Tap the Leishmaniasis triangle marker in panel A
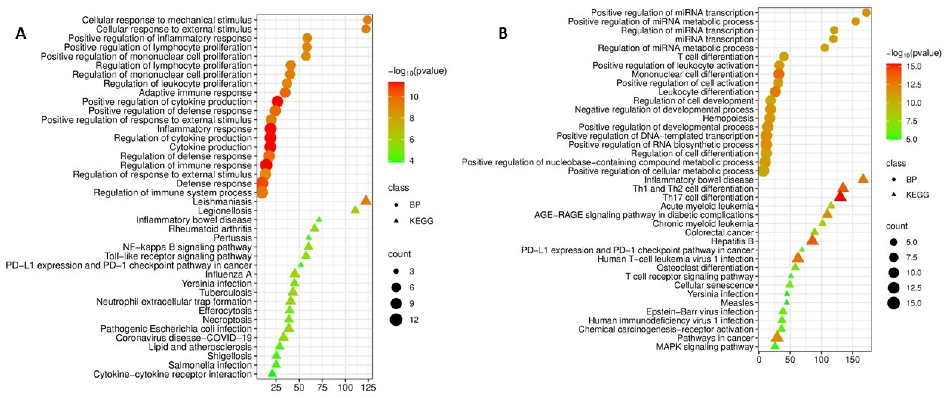[x=365, y=201]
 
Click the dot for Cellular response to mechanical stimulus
[x=367, y=20]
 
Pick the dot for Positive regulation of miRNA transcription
[x=866, y=13]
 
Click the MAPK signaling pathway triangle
[x=775, y=346]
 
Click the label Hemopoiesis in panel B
[x=728, y=118]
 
